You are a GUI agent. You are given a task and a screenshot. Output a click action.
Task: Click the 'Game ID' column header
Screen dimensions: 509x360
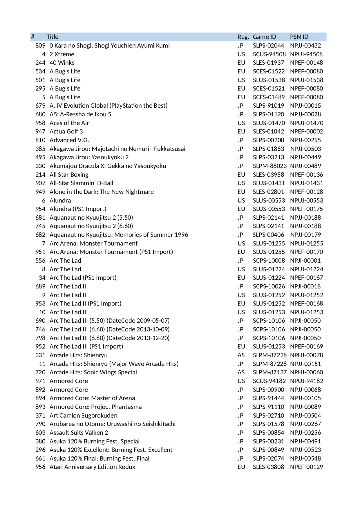[264, 37]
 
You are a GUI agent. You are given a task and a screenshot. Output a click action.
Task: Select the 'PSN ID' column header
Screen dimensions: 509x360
[299, 37]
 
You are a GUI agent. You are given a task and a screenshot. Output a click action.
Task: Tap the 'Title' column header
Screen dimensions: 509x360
[53, 37]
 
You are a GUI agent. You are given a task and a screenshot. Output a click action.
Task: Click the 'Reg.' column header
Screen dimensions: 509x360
[243, 37]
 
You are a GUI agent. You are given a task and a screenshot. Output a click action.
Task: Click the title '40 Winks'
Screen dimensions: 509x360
[62, 63]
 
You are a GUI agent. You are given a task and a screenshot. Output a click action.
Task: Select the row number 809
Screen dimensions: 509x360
[40, 46]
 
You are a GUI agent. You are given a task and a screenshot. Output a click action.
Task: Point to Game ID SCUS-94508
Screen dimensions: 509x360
[269, 54]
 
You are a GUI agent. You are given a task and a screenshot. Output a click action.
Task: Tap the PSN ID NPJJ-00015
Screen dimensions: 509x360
[305, 106]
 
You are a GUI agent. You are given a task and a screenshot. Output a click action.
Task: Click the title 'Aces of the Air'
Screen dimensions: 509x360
[69, 123]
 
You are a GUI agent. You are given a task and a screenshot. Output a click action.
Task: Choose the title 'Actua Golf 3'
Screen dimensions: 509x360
[66, 131]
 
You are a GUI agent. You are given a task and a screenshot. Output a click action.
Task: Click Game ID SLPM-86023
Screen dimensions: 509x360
[269, 166]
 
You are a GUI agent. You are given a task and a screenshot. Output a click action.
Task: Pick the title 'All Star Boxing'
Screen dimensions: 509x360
[69, 175]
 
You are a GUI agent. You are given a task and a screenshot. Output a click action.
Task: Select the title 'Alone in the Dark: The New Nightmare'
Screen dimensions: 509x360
[102, 192]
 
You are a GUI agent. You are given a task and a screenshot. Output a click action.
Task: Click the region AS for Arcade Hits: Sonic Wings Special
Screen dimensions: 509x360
[241, 372]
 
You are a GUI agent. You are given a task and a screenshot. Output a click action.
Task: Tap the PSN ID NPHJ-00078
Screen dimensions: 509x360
[306, 355]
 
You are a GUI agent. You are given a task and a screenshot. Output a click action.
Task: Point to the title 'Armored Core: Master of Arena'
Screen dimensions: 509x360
[92, 398]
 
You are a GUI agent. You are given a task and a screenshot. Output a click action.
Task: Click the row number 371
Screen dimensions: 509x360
[40, 416]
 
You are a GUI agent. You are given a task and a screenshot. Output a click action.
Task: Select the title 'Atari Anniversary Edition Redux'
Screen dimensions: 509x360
[92, 467]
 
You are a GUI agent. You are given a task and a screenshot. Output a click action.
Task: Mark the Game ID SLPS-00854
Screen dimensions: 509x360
[268, 433]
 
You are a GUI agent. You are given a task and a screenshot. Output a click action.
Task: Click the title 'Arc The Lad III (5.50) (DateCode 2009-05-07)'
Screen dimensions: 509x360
[109, 321]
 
